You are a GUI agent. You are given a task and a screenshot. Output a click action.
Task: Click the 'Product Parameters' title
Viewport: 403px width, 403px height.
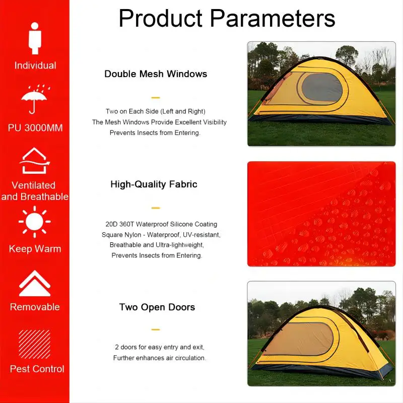tap(227, 19)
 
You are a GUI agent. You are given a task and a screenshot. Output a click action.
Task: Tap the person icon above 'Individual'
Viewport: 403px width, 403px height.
tap(35, 39)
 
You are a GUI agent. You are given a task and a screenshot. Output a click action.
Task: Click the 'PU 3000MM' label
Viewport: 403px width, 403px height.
tap(35, 128)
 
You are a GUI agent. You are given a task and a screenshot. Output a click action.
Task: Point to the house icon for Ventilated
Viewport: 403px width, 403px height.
tap(34, 161)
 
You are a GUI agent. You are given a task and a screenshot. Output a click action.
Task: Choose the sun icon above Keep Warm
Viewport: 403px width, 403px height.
tap(35, 222)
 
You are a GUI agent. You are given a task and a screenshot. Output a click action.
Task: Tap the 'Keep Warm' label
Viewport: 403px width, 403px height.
tap(35, 249)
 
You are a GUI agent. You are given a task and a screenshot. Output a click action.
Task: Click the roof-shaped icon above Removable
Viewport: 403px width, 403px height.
tap(35, 283)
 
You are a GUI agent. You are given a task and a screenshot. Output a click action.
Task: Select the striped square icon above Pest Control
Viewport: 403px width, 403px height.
tap(35, 344)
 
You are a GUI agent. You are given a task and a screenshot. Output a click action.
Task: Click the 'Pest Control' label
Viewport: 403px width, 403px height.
tap(37, 369)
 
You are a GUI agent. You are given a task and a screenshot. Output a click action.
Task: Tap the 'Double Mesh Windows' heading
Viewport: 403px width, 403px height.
tap(156, 74)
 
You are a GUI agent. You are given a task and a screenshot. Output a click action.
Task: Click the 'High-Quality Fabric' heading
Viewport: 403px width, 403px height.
tap(154, 184)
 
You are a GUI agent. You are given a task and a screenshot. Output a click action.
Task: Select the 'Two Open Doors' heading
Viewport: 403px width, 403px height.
tap(157, 307)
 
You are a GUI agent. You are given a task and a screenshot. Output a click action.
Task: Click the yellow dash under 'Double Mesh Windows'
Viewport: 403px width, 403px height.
tap(156, 98)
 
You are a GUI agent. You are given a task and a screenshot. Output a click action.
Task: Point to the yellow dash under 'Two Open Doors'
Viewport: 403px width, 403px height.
tap(156, 329)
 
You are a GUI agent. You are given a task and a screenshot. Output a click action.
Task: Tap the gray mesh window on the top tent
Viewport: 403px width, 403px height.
tap(322, 87)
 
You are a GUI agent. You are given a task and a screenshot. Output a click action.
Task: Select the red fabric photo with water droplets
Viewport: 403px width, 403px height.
tap(321, 214)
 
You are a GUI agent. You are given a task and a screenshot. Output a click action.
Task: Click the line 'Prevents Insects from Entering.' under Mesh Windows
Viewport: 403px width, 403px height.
tap(155, 133)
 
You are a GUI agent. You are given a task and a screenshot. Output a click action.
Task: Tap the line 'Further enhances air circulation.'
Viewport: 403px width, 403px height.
tap(160, 358)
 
